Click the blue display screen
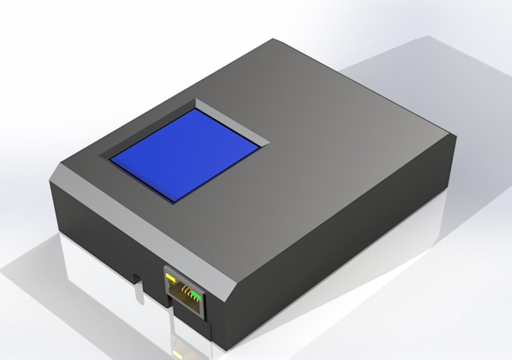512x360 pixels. pyautogui.click(x=187, y=153)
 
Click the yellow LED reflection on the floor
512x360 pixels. pyautogui.click(x=178, y=352)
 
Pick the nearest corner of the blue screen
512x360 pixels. pyautogui.click(x=177, y=199)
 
